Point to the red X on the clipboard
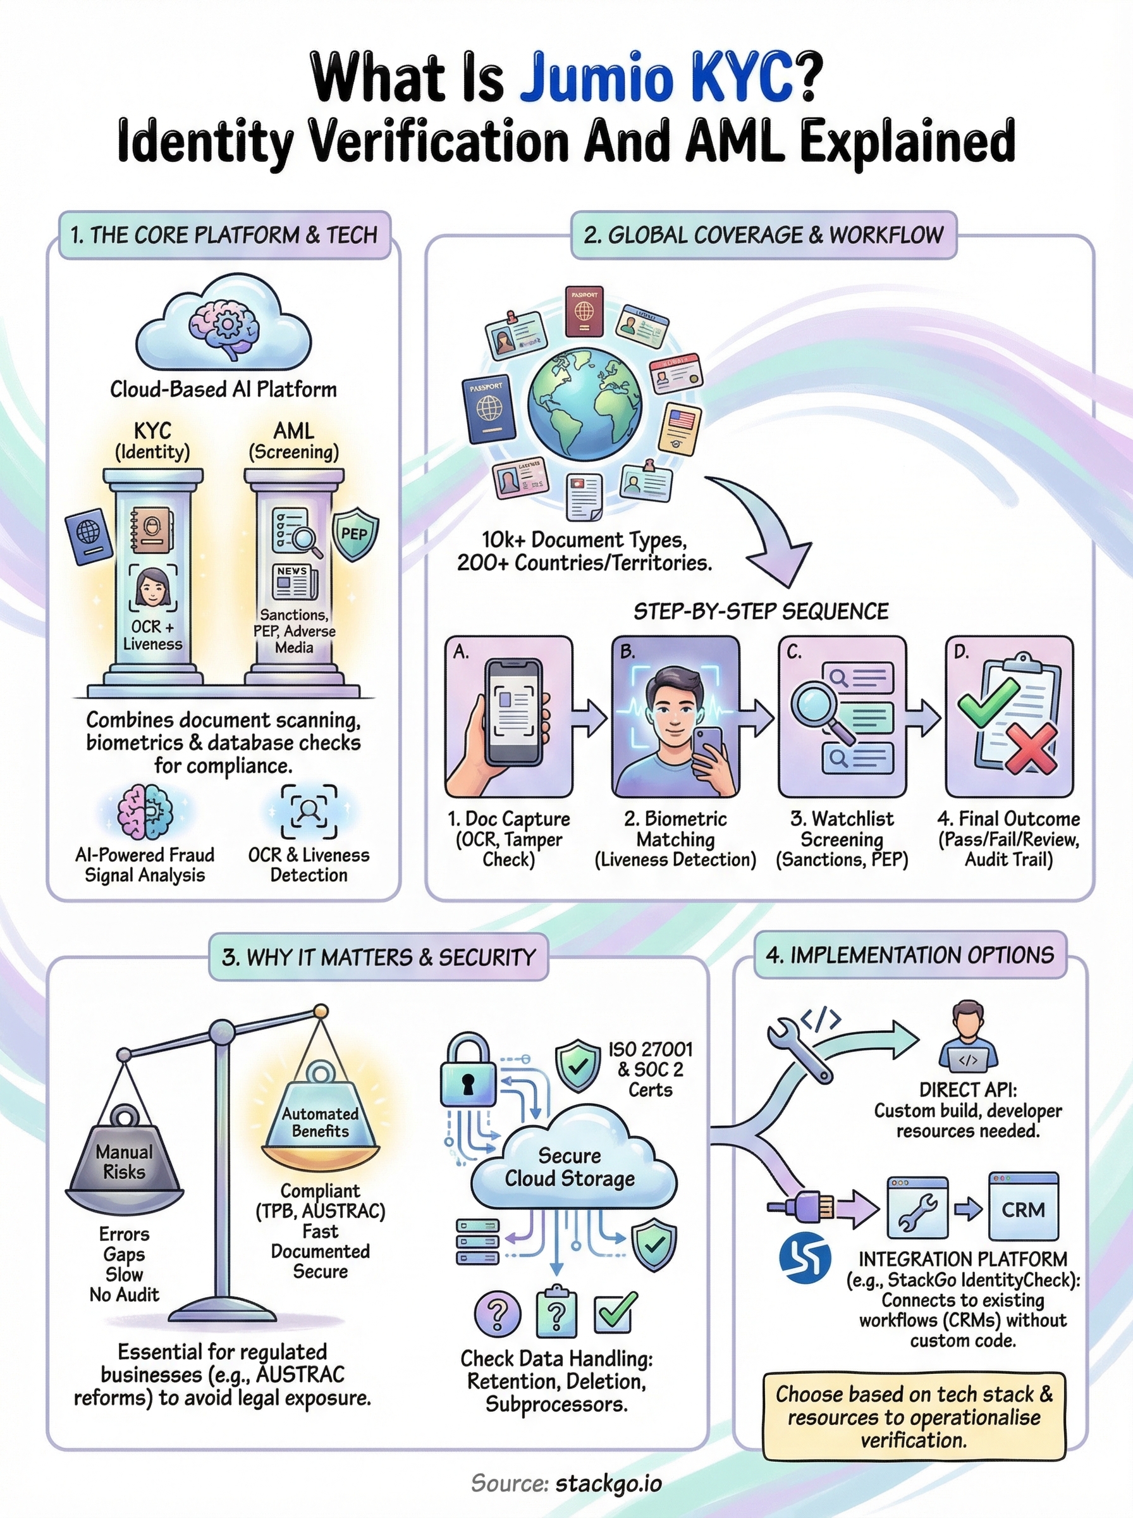[1029, 749]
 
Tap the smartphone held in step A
[510, 713]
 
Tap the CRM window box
[1022, 1209]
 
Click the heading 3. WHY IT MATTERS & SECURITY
[379, 957]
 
